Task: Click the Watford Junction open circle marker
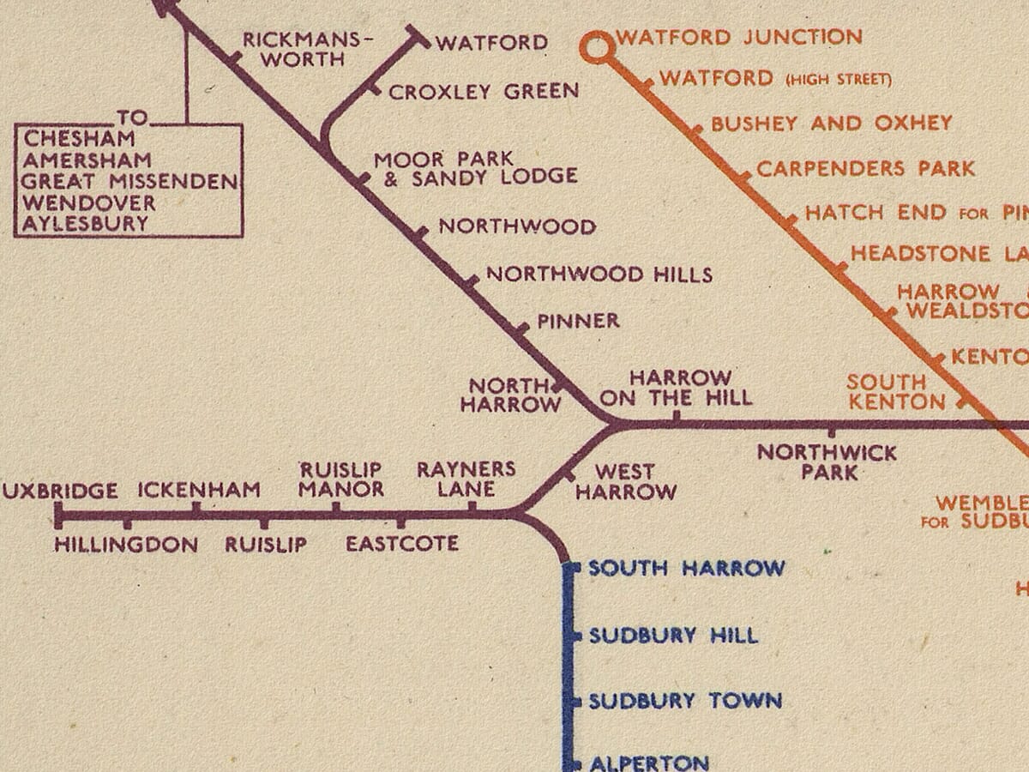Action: pyautogui.click(x=593, y=47)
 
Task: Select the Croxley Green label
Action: pyautogui.click(x=484, y=91)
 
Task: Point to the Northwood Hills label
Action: pyautogui.click(x=599, y=274)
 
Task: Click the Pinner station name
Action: pyautogui.click(x=578, y=321)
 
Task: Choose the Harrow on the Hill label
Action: pyautogui.click(x=677, y=388)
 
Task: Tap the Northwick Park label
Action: pyautogui.click(x=827, y=461)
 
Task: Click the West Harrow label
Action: pyautogui.click(x=625, y=481)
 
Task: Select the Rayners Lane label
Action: pyautogui.click(x=466, y=479)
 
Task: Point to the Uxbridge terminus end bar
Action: pyautogui.click(x=58, y=515)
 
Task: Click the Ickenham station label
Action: pyautogui.click(x=199, y=491)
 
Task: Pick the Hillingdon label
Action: pyautogui.click(x=126, y=545)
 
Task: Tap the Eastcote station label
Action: pyautogui.click(x=401, y=544)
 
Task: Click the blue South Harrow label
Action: pyautogui.click(x=686, y=568)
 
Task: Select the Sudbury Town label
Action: pyautogui.click(x=685, y=701)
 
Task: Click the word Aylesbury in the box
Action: pyautogui.click(x=86, y=225)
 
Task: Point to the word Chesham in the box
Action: pyautogui.click(x=80, y=138)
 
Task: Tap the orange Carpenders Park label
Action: pyautogui.click(x=865, y=168)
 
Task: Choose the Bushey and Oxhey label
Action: pyautogui.click(x=831, y=123)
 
